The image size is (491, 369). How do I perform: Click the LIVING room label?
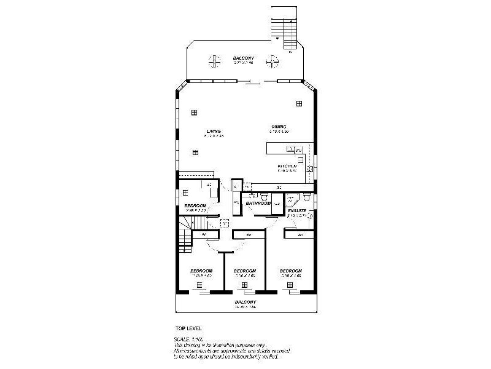pyautogui.click(x=214, y=131)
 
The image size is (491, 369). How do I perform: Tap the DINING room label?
pyautogui.click(x=279, y=127)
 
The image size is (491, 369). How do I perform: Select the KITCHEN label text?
pyautogui.click(x=287, y=166)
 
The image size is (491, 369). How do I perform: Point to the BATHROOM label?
pyautogui.click(x=258, y=203)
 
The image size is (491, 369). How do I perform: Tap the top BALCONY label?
pyautogui.click(x=244, y=58)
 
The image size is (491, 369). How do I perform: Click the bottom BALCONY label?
pyautogui.click(x=245, y=302)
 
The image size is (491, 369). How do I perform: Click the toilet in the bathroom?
pyautogui.click(x=264, y=197)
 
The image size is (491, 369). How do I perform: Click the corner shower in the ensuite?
pyautogui.click(x=292, y=200)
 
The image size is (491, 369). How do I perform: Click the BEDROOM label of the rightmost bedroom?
pyautogui.click(x=290, y=271)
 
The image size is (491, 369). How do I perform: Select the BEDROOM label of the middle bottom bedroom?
pyautogui.click(x=244, y=271)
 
